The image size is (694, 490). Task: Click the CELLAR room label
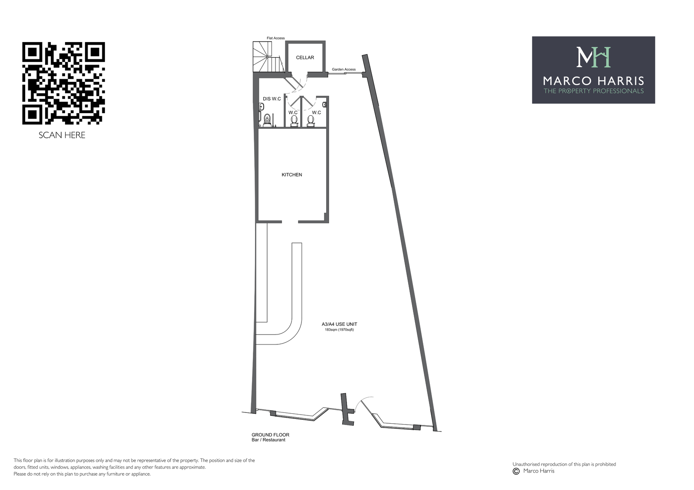305,58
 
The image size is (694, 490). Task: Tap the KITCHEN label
292,175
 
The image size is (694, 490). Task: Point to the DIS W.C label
272,99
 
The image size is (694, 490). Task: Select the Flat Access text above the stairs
276,38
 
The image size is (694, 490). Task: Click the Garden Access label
344,69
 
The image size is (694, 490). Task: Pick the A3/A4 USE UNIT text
339,324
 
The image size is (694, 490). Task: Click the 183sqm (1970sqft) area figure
339,330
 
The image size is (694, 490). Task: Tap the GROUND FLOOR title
271,435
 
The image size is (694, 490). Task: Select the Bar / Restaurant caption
268,440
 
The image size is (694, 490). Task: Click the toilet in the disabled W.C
267,120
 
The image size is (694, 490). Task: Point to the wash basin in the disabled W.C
261,107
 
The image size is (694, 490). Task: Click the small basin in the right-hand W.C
324,104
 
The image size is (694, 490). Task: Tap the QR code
63,83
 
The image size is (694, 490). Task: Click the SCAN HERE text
62,135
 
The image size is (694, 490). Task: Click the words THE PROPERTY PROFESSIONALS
594,91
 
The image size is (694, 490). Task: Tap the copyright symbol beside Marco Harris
516,471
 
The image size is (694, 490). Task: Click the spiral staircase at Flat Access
268,57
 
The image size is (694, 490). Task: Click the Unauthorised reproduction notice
564,464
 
